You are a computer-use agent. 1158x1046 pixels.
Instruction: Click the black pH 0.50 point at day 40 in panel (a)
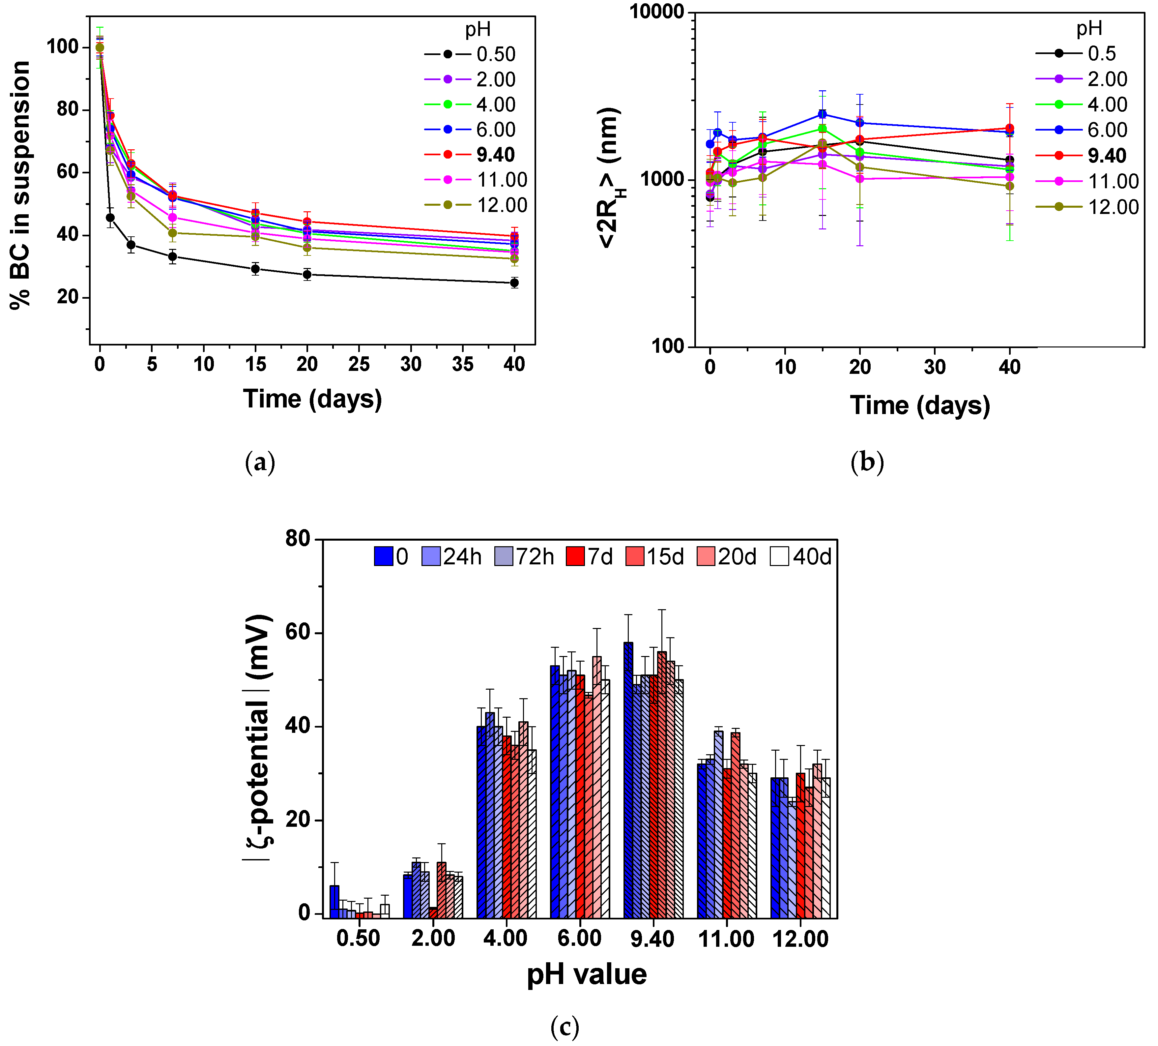pos(514,283)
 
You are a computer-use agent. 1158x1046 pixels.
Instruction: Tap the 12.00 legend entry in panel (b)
pos(1113,207)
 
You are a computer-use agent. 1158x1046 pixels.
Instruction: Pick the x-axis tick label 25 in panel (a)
pos(359,364)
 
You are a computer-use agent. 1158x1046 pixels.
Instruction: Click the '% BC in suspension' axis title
pos(21,185)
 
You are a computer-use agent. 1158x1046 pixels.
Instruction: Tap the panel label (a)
pos(260,463)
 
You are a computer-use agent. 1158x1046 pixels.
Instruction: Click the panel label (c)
pos(565,1027)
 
